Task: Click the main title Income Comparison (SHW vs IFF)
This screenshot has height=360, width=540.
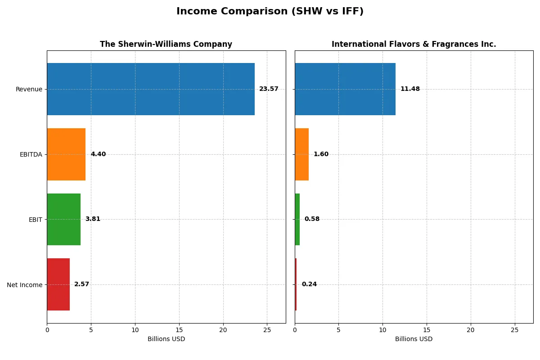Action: [270, 12]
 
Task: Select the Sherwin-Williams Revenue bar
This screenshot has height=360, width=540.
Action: [151, 89]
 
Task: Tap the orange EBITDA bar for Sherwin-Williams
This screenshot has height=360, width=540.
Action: [66, 154]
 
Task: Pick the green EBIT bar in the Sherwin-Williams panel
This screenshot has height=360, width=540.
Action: [63, 219]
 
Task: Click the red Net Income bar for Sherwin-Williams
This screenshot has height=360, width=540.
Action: [58, 284]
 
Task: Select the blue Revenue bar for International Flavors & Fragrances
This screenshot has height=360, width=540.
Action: [345, 89]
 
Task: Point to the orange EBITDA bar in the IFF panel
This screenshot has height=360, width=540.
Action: [301, 154]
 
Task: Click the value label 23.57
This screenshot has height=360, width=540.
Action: [269, 89]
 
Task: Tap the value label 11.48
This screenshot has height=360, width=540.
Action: [410, 89]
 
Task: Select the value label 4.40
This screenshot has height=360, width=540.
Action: [98, 154]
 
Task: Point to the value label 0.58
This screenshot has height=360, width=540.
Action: [312, 219]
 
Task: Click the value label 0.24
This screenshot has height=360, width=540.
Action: [309, 284]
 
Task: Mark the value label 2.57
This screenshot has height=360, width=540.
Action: [81, 284]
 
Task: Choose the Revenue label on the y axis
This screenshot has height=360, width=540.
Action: [29, 89]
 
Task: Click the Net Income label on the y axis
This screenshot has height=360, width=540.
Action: [25, 285]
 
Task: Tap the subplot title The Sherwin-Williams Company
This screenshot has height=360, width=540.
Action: [166, 45]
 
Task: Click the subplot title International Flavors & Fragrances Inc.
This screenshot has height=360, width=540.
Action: [414, 45]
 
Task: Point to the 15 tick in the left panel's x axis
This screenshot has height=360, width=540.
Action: [179, 330]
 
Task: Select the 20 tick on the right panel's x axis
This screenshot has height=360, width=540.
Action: [471, 330]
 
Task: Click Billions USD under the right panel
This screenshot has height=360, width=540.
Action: [414, 339]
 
